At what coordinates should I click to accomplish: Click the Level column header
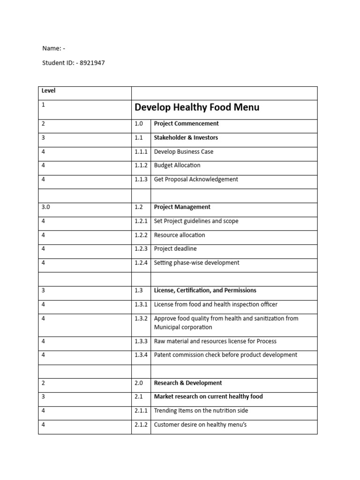(x=48, y=90)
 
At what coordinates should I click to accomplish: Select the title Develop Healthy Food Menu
(x=197, y=107)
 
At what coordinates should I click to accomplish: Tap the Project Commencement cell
(x=186, y=124)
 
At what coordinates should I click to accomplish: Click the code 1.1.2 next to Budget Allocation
(x=141, y=165)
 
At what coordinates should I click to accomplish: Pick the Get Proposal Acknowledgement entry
(x=196, y=179)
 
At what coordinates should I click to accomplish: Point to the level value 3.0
(x=45, y=207)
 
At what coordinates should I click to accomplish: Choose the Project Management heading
(x=182, y=207)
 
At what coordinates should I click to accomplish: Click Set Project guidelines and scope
(x=196, y=221)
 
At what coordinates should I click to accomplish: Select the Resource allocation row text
(x=180, y=235)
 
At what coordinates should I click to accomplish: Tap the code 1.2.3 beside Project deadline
(x=141, y=249)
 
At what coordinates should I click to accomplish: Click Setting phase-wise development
(x=196, y=263)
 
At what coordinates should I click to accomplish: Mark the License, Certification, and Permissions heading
(x=205, y=291)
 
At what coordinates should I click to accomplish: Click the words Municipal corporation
(x=183, y=327)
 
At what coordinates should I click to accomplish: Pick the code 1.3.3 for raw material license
(x=141, y=341)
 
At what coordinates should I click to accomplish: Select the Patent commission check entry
(x=225, y=355)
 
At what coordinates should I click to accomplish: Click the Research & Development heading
(x=188, y=383)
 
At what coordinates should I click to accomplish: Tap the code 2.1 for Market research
(x=139, y=397)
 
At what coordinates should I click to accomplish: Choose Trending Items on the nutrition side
(x=201, y=411)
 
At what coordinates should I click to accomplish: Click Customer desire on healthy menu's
(x=200, y=425)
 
